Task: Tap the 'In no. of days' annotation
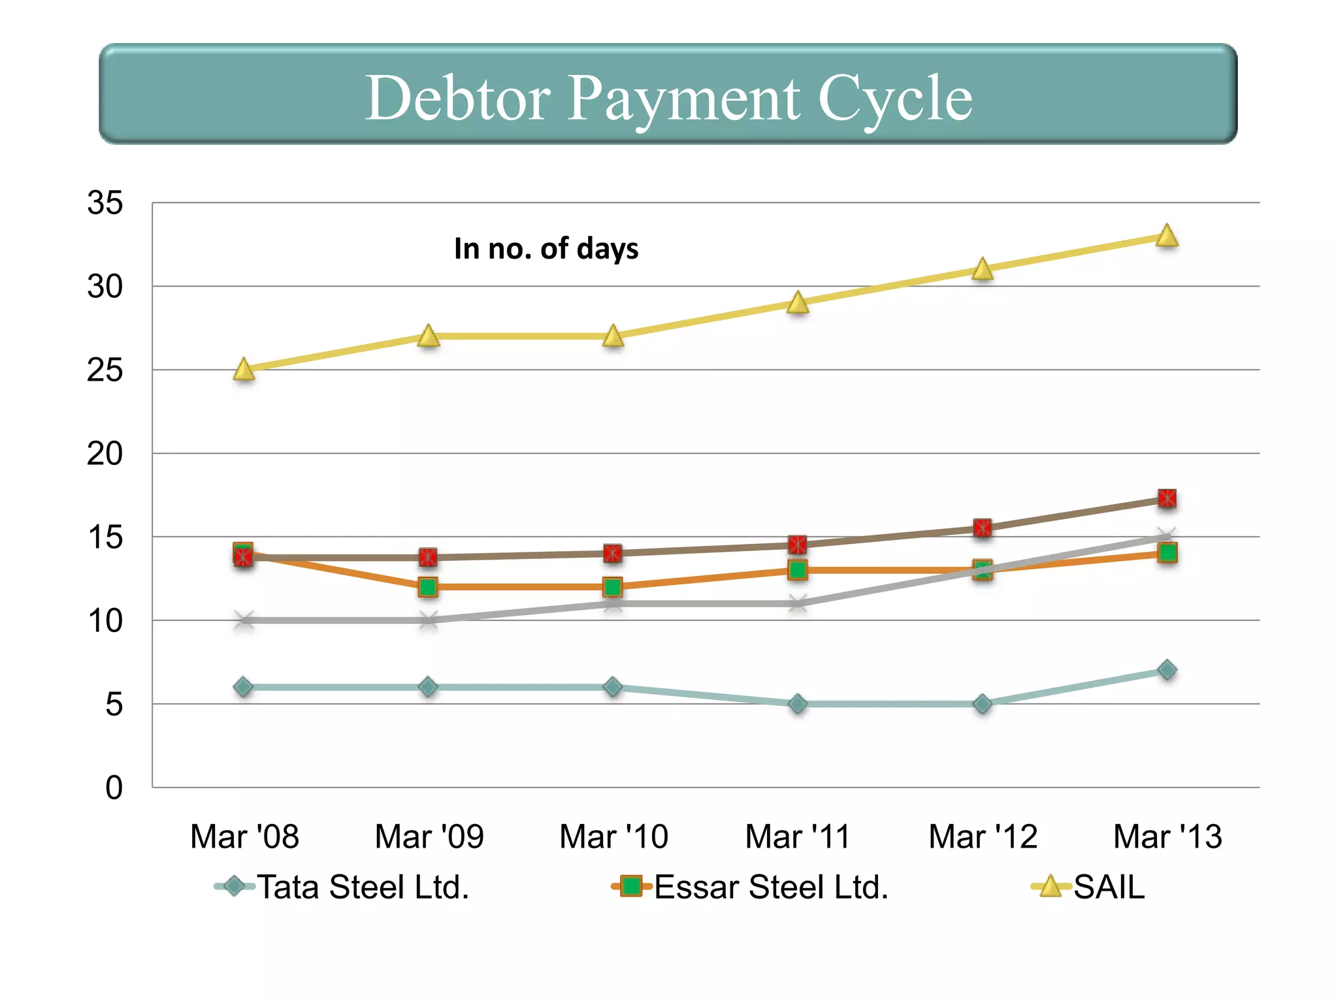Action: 546,249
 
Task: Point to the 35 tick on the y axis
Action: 105,203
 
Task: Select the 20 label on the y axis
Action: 105,454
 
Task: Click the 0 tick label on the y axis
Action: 114,788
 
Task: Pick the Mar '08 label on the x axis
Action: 244,836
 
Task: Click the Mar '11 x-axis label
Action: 798,836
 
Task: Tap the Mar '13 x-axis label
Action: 1167,836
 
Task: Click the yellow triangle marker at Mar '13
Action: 1167,236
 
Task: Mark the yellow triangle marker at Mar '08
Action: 244,370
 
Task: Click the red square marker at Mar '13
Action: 1167,499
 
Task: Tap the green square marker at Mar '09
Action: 428,587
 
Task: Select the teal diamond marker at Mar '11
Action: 798,704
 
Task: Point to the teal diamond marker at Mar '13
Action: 1167,670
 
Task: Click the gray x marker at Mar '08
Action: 244,620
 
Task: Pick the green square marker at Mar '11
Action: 798,570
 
